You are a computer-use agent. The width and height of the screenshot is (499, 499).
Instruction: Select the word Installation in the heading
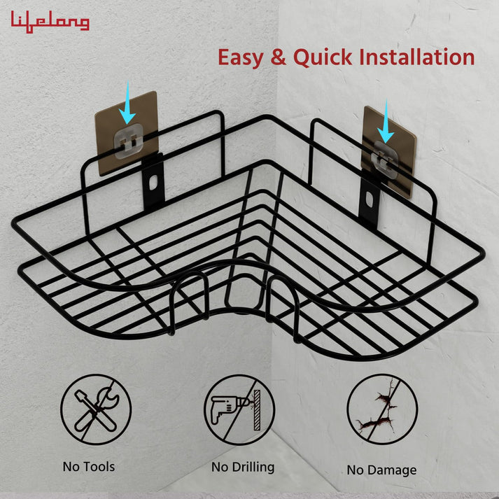pyautogui.click(x=416, y=56)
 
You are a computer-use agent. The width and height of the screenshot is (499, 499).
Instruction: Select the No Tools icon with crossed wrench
pyautogui.click(x=96, y=409)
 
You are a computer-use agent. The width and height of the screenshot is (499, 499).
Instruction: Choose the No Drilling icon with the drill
pyautogui.click(x=239, y=409)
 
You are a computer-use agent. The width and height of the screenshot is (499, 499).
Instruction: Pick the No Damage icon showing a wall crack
pyautogui.click(x=382, y=409)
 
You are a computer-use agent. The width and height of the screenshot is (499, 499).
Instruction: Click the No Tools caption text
pyautogui.click(x=88, y=465)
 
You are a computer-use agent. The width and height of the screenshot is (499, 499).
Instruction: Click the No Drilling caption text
pyautogui.click(x=243, y=466)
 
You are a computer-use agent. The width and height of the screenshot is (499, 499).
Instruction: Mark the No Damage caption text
pyautogui.click(x=381, y=470)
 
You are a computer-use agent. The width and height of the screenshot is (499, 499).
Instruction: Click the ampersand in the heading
pyautogui.click(x=278, y=57)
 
